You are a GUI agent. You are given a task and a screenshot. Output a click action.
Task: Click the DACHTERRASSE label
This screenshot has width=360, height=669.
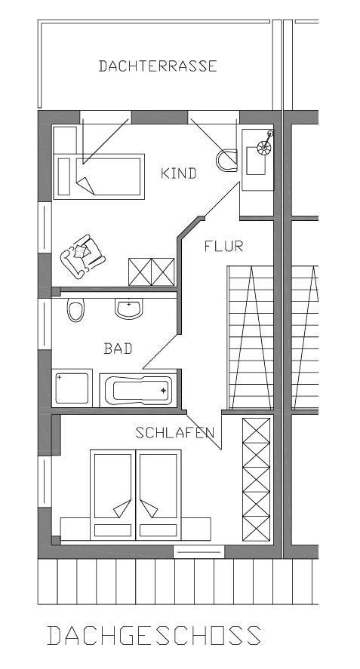(x=158, y=66)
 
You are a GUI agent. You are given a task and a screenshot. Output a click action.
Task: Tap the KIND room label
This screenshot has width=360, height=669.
(x=179, y=173)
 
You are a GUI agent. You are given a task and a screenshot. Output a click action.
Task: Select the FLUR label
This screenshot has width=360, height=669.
(x=223, y=246)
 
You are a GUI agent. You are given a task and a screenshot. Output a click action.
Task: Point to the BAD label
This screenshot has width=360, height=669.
(x=118, y=348)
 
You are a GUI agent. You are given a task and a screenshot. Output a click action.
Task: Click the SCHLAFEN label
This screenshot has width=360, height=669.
(x=174, y=433)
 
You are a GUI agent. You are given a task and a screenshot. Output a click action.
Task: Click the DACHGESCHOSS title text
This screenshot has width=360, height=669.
(x=154, y=635)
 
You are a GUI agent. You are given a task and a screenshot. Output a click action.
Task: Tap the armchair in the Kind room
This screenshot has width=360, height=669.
(x=82, y=256)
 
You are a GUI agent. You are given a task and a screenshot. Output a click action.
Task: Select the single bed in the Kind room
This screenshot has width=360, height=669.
(x=99, y=176)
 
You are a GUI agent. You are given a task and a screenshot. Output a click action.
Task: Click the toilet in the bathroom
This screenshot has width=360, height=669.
(x=75, y=309)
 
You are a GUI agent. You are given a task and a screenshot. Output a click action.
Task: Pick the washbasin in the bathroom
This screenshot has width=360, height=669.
(x=128, y=308)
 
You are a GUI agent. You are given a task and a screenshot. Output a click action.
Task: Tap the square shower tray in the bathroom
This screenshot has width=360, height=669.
(x=72, y=388)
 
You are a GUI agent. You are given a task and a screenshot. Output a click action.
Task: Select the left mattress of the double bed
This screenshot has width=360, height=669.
(x=112, y=495)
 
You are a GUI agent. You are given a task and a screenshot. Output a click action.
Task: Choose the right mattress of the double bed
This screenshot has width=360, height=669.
(x=158, y=495)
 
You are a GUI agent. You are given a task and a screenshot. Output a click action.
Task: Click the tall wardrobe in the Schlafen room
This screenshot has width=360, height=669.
(x=257, y=480)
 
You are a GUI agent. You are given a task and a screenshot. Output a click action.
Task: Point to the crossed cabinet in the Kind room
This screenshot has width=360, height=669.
(x=152, y=272)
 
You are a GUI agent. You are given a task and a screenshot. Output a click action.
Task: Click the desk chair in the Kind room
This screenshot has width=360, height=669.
(x=226, y=161)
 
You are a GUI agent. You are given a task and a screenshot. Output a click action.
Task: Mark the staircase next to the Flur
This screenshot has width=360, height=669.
(x=251, y=337)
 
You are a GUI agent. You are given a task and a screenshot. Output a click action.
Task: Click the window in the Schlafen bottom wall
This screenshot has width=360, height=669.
(x=198, y=551)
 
